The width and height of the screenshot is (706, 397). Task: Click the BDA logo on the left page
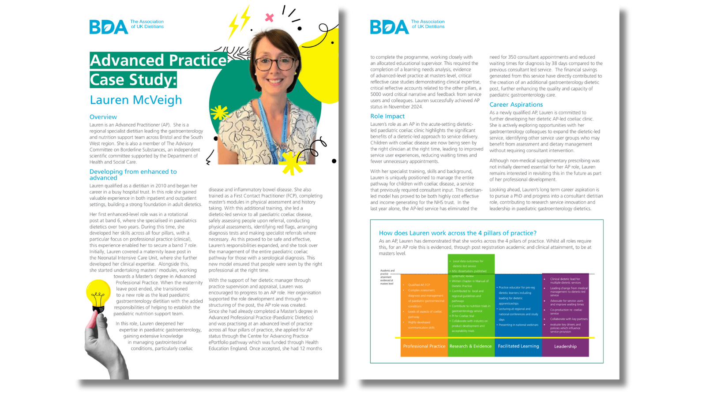tap(109, 27)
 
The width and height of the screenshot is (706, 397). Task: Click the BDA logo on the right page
tap(389, 27)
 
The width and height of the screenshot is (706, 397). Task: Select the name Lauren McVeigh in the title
tap(136, 100)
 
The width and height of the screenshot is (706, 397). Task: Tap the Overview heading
tap(103, 117)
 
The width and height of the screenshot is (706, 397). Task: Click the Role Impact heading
tap(387, 116)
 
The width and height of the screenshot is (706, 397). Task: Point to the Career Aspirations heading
tap(516, 105)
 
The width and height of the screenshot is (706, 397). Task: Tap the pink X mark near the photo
tap(269, 18)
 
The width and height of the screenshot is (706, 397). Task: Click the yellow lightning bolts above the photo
tap(240, 22)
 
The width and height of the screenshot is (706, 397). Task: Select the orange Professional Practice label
tap(424, 346)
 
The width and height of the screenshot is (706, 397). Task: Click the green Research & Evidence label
tap(470, 346)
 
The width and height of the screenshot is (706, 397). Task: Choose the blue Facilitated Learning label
tap(518, 346)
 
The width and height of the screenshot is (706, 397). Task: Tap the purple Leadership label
tap(565, 346)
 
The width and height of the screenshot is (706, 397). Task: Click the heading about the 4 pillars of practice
tap(458, 233)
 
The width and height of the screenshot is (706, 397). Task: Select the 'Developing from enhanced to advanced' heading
tap(133, 175)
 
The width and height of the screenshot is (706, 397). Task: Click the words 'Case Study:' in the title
tap(133, 80)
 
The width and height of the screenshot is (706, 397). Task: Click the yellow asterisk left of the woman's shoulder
tap(219, 113)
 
